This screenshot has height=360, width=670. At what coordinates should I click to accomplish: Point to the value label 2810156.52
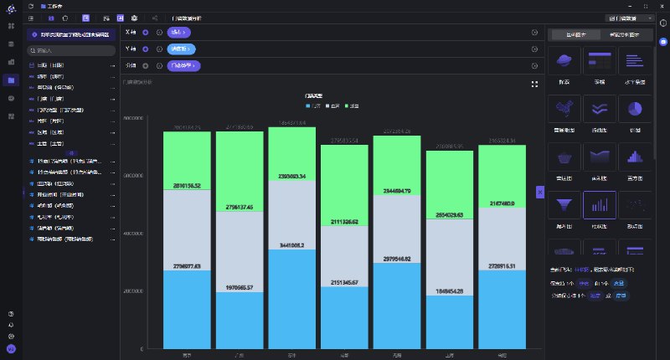point(188,186)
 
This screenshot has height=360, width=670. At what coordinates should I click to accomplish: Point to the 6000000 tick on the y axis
point(135,176)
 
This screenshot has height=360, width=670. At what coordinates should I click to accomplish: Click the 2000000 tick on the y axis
point(135,291)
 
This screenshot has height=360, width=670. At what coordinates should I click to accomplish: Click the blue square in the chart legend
point(309,106)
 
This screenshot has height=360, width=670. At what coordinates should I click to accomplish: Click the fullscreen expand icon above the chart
point(534,84)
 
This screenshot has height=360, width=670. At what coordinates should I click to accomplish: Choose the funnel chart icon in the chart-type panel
point(564,204)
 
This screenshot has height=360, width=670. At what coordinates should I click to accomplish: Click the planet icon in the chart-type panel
point(564,61)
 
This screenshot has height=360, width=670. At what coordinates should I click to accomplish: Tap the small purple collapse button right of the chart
point(540,192)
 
